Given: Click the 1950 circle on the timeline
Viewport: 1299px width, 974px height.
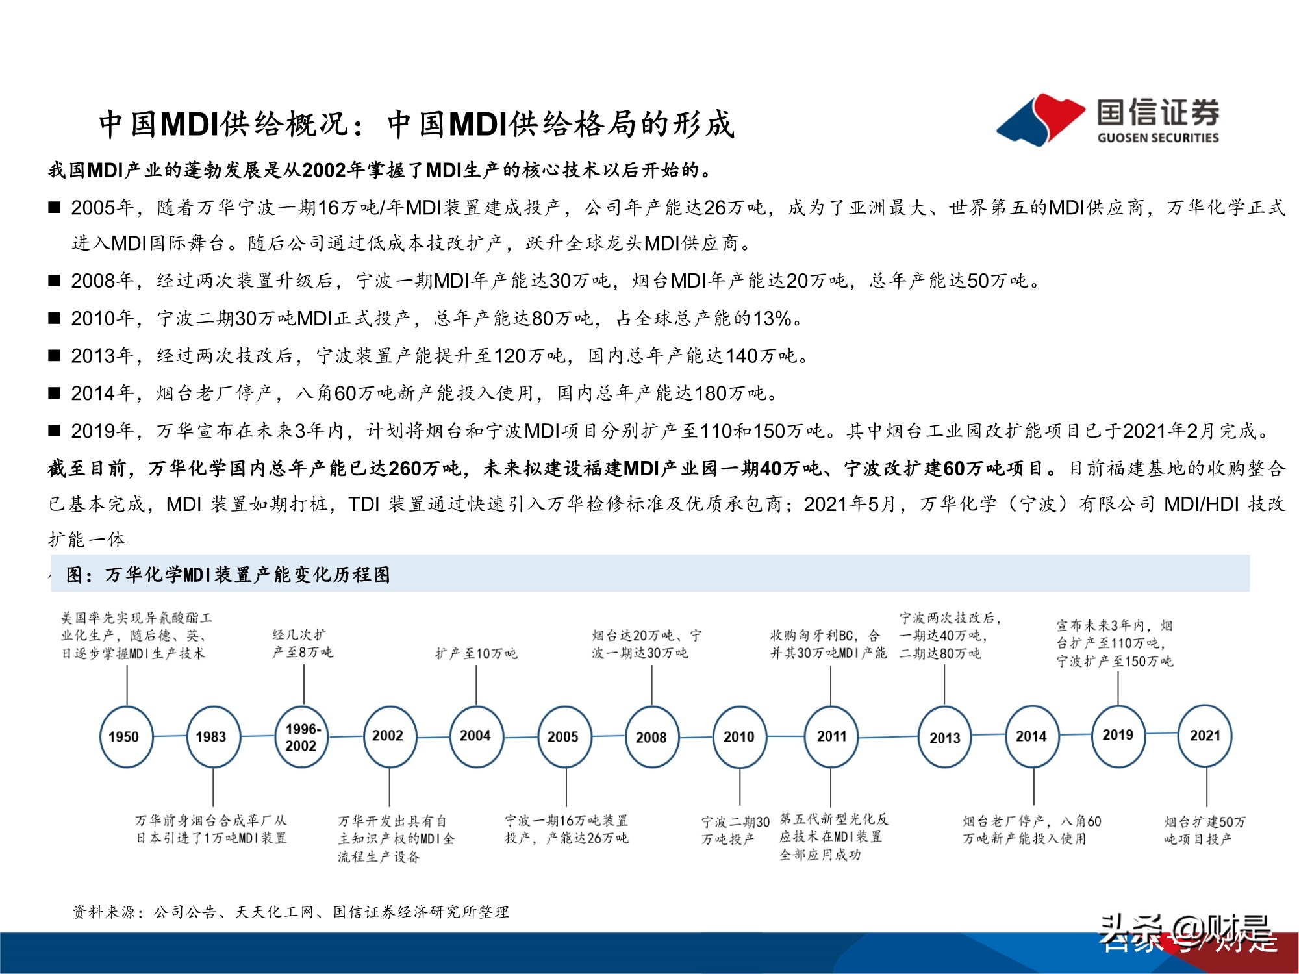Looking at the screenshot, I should (126, 736).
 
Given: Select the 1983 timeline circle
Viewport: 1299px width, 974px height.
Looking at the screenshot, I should (213, 736).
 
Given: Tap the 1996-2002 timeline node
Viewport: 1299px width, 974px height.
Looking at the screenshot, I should (301, 736).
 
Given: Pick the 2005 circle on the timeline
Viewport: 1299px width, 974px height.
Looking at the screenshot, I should (564, 736).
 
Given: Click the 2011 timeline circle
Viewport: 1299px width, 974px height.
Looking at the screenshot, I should (831, 736).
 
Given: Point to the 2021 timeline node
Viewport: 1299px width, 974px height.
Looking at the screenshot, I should (1205, 735).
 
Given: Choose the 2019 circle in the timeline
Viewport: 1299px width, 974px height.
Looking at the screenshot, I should (1118, 735).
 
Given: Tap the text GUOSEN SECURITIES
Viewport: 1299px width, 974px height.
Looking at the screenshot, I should (1158, 138).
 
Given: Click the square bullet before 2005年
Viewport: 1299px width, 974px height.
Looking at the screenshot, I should (55, 208).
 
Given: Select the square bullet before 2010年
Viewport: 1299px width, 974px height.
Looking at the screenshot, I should (55, 318).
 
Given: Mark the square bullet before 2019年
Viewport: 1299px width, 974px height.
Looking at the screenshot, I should (55, 431).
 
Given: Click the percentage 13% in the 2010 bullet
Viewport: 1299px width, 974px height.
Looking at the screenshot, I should (772, 318).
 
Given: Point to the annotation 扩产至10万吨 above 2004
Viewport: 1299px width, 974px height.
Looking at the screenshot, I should (476, 653).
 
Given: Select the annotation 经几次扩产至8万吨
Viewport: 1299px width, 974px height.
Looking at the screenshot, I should (303, 643).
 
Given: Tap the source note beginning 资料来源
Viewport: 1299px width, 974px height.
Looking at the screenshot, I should (291, 912).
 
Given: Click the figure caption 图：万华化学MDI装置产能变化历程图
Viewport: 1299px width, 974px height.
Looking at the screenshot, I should (229, 575).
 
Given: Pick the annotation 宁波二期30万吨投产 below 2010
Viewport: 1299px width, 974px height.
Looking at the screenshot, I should (735, 830).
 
